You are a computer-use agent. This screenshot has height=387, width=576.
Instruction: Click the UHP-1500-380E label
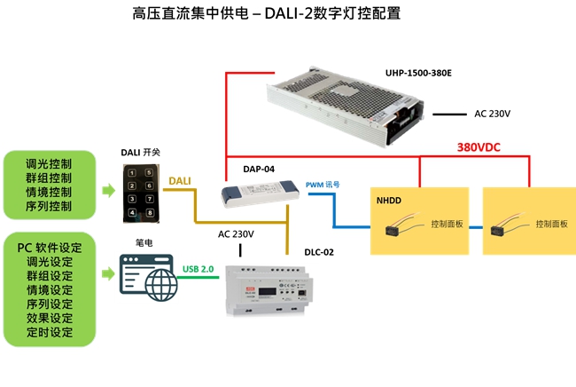[418, 72]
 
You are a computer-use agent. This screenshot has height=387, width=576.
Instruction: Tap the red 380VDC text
[479, 147]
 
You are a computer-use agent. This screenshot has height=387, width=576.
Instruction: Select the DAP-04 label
[257, 169]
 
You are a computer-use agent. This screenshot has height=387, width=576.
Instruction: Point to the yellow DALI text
[179, 180]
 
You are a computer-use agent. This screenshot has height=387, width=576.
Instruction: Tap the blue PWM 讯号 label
[323, 185]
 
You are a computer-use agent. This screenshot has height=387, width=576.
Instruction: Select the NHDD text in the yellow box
[389, 201]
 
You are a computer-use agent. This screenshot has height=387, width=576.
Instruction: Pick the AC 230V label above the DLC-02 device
[237, 234]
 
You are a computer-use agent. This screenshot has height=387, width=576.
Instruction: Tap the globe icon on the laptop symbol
[149, 285]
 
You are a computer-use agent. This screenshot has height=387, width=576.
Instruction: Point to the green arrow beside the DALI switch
[105, 191]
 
